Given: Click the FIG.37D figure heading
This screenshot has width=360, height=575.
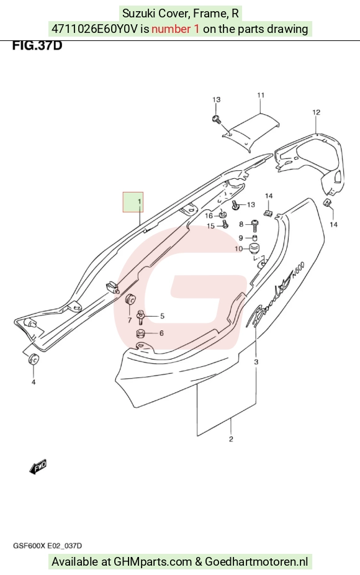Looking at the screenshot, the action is tap(37, 46).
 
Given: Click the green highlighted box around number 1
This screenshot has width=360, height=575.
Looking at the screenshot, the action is tap(133, 202).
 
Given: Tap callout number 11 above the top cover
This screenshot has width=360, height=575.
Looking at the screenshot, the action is tap(261, 96).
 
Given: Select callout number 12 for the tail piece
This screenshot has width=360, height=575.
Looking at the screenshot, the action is tap(316, 112).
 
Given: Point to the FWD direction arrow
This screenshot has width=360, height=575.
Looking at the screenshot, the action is tap(38, 466).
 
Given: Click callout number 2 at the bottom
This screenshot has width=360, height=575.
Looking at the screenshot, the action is tap(231, 439).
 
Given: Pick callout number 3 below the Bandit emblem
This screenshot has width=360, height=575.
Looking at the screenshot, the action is tap(256, 362).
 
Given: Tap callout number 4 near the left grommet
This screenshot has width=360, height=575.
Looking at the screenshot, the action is tap(34, 382).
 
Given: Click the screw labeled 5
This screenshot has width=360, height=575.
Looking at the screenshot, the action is tap(140, 317).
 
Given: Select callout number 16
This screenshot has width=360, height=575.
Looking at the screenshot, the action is tap(209, 215).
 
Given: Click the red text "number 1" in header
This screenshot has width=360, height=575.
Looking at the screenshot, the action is tap(176, 29).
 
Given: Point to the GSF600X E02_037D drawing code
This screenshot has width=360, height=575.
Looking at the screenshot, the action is tap(48, 546).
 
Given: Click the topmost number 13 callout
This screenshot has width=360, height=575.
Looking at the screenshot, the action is tap(216, 99).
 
